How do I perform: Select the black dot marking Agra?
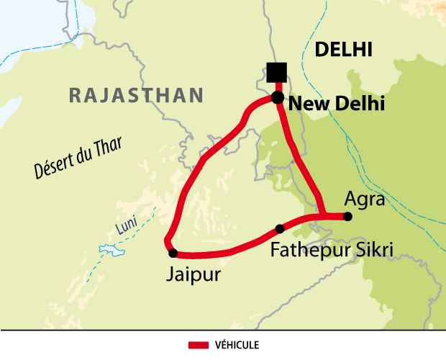(x=347, y=216)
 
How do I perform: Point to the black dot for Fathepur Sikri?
(x=280, y=229)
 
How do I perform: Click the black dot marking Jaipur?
(x=173, y=253)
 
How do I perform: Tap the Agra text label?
(x=364, y=198)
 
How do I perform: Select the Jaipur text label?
(x=192, y=275)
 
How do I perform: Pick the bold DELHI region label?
(x=343, y=49)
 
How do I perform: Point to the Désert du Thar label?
(x=78, y=158)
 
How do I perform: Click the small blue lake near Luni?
(x=111, y=251)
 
